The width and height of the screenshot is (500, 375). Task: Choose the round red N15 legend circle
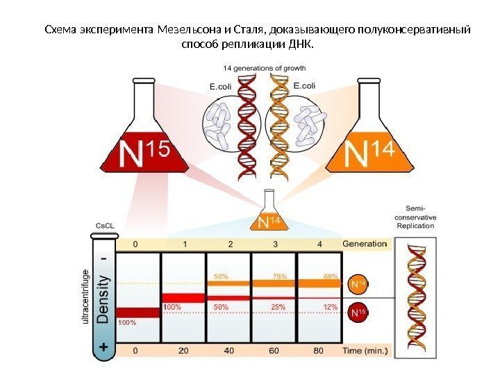357,313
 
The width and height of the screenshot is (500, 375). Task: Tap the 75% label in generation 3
280,276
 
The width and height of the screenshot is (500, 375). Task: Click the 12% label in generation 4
330,307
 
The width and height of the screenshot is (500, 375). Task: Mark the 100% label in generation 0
127,322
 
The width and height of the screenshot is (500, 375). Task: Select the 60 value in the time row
274,351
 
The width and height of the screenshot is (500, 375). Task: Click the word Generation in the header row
365,244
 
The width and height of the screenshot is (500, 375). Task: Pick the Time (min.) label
365,351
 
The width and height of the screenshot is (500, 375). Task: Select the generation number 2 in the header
229,244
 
